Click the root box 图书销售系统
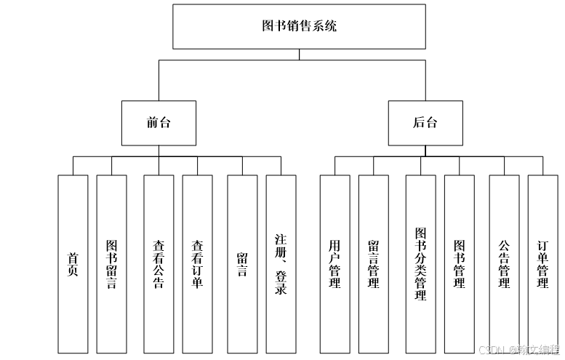click(x=299, y=27)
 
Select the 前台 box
click(x=159, y=122)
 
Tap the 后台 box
click(x=425, y=122)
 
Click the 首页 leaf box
click(x=73, y=265)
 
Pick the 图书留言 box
click(x=111, y=265)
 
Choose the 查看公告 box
click(x=159, y=265)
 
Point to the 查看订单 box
click(x=197, y=265)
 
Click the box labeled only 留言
click(x=242, y=265)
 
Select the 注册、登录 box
click(x=281, y=265)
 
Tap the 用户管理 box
click(x=334, y=265)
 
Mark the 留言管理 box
click(x=373, y=265)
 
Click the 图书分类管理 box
click(x=420, y=265)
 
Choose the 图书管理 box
click(x=459, y=265)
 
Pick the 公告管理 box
click(x=504, y=265)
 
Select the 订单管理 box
click(x=542, y=265)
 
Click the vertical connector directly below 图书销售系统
click(x=299, y=54)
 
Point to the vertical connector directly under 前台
click(x=159, y=150)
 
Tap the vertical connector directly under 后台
click(x=425, y=150)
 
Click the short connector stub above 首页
click(x=73, y=165)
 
